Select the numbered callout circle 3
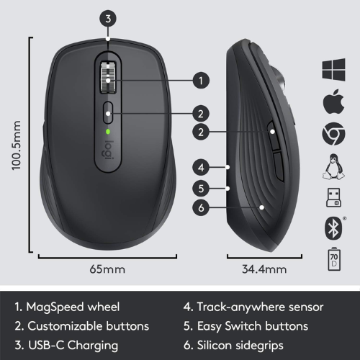click(x=108, y=19)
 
